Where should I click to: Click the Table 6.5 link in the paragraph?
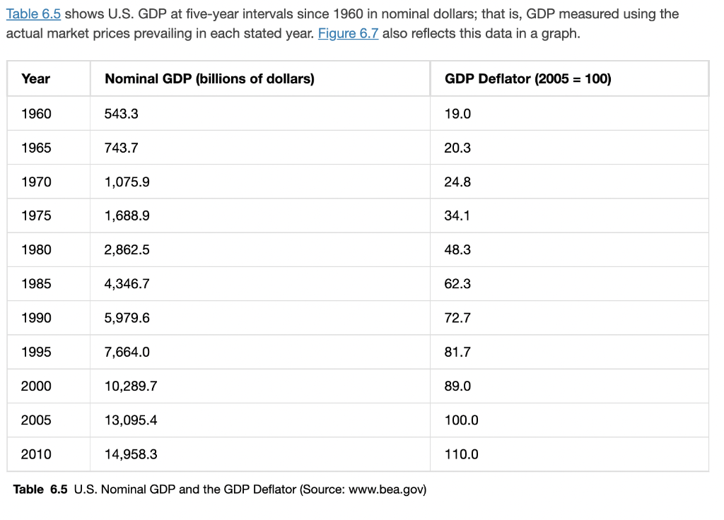click(x=33, y=14)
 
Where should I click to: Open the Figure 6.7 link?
click(x=348, y=33)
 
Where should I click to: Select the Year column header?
click(x=35, y=79)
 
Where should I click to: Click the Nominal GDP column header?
click(x=209, y=79)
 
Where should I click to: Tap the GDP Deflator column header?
click(x=527, y=79)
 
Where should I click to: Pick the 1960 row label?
click(x=36, y=114)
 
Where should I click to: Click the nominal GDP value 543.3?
click(x=121, y=114)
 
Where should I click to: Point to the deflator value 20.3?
click(x=457, y=148)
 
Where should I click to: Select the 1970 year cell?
click(x=36, y=182)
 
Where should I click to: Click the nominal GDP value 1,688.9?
click(x=127, y=215)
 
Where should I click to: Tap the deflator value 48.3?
click(x=457, y=249)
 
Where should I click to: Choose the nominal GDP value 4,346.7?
click(x=127, y=283)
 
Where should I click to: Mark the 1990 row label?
click(x=36, y=318)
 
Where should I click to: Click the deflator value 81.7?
click(x=457, y=352)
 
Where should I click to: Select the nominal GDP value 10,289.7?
click(x=130, y=386)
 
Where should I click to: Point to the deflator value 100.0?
click(x=461, y=420)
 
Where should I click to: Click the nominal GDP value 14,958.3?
click(x=130, y=454)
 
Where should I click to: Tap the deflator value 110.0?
click(x=461, y=454)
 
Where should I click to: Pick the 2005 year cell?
click(x=36, y=420)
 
